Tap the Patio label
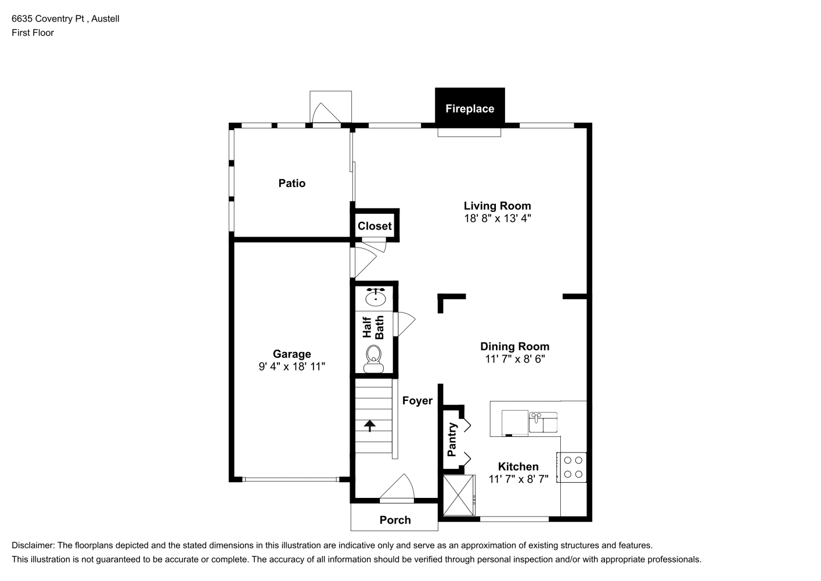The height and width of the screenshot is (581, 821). click(291, 183)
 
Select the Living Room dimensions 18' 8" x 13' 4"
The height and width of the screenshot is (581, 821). click(498, 218)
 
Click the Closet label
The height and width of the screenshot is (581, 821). click(375, 226)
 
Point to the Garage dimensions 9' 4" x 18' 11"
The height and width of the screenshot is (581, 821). click(291, 366)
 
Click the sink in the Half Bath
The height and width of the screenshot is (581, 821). click(375, 297)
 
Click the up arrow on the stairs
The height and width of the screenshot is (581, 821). click(370, 426)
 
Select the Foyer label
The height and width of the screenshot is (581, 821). click(417, 400)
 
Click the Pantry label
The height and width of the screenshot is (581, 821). click(452, 439)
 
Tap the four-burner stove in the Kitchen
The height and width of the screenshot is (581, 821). click(572, 467)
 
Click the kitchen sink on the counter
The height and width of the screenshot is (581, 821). click(543, 422)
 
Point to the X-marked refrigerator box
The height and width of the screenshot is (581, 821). click(459, 495)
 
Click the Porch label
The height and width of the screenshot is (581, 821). click(395, 520)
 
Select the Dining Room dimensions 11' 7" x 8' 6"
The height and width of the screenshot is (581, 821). click(515, 358)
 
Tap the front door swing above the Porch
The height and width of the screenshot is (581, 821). click(397, 486)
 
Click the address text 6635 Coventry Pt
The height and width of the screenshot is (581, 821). click(48, 19)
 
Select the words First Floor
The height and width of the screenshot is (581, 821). click(33, 33)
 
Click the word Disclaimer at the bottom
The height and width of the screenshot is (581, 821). click(33, 546)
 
